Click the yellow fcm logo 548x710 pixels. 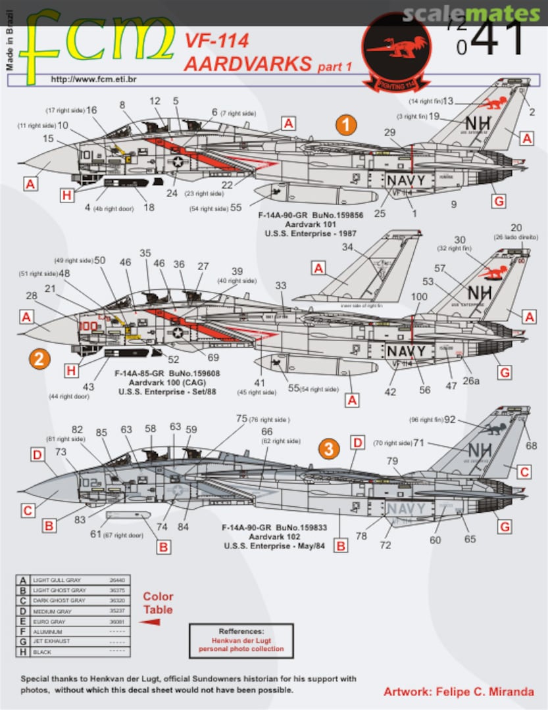point(95,41)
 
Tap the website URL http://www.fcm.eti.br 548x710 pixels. point(89,79)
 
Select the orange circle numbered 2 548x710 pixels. point(39,359)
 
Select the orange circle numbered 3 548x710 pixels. point(329,449)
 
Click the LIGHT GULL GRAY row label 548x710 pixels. point(59,580)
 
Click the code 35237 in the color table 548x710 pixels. point(116,610)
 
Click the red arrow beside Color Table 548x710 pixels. point(151,622)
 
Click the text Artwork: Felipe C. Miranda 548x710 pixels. point(459,692)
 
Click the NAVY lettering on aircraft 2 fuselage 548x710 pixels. point(406,351)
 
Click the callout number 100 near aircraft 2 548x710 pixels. point(418,297)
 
